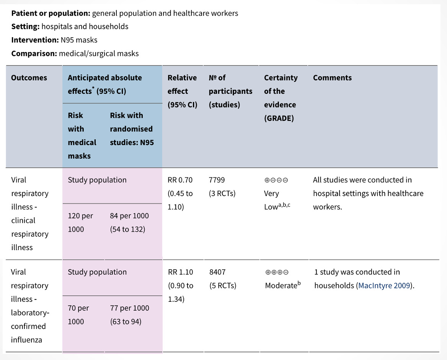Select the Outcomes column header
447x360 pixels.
coord(29,78)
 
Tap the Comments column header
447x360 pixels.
coord(332,78)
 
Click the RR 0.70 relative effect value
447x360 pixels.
coord(180,180)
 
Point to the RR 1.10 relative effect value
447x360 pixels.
coord(181,272)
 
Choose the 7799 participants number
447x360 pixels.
coord(217,180)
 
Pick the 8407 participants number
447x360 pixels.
coord(217,272)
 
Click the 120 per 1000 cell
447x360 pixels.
coord(80,223)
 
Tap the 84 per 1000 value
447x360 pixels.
coord(129,216)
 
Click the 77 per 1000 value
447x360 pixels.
coord(129,308)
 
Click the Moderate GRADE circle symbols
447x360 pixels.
coord(277,272)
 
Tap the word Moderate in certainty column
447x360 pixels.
coord(281,286)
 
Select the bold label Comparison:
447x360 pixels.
coord(34,53)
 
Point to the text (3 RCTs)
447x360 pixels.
coord(222,193)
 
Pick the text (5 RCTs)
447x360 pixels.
coord(223,286)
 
